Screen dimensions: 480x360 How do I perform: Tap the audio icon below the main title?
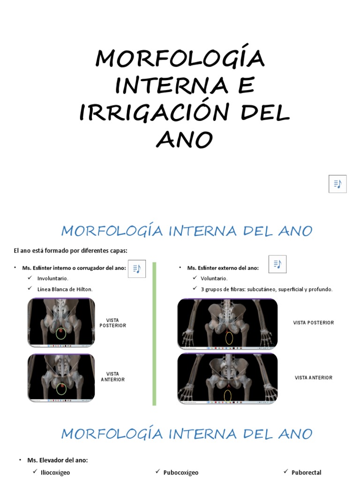coord(337,184)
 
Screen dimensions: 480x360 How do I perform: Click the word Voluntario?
coord(214,278)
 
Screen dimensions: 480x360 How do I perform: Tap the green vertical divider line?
coord(154,333)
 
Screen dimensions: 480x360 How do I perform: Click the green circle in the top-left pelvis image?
coord(61,334)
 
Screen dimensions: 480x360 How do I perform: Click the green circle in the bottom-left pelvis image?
coord(61,388)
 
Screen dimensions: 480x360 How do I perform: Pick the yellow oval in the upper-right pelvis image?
coord(228,337)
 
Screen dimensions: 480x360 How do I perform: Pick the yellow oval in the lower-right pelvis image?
coord(228,397)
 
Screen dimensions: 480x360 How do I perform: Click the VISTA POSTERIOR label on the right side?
coord(314,323)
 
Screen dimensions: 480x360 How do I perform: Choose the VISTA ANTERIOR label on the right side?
coord(314,378)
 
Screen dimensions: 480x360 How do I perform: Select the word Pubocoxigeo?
coord(181,472)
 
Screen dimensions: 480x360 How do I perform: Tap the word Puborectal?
coord(307,472)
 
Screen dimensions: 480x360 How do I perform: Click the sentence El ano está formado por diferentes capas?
coord(70,251)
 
